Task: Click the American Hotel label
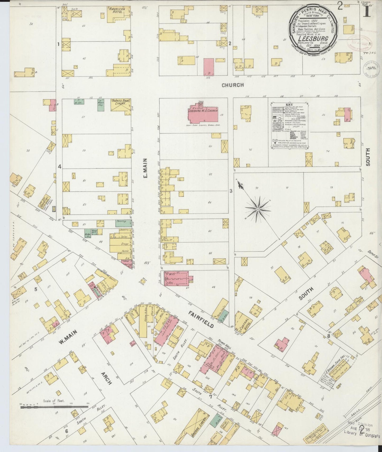point(117,10)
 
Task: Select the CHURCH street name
point(232,85)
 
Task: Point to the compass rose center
point(257,209)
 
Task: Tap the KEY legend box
point(290,127)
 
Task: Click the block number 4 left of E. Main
point(60,167)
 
